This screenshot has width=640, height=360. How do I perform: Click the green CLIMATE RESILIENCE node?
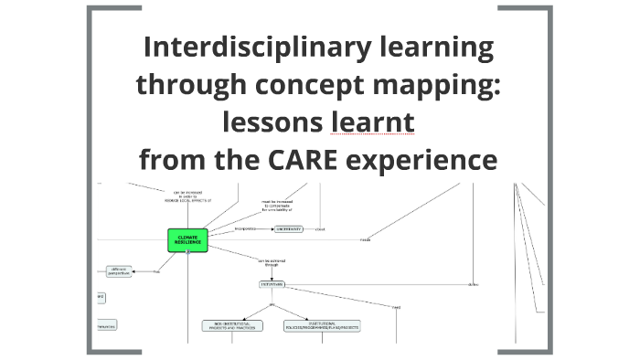pyautogui.click(x=187, y=239)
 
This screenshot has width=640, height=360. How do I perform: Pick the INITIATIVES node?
pyautogui.click(x=272, y=284)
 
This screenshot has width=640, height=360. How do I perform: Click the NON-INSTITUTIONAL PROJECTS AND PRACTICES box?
pyautogui.click(x=231, y=325)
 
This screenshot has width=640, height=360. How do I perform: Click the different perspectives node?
pyautogui.click(x=119, y=270)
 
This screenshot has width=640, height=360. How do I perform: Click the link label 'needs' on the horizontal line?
pyautogui.click(x=364, y=239)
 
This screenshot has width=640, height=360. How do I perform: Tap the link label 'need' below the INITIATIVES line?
pyautogui.click(x=396, y=307)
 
